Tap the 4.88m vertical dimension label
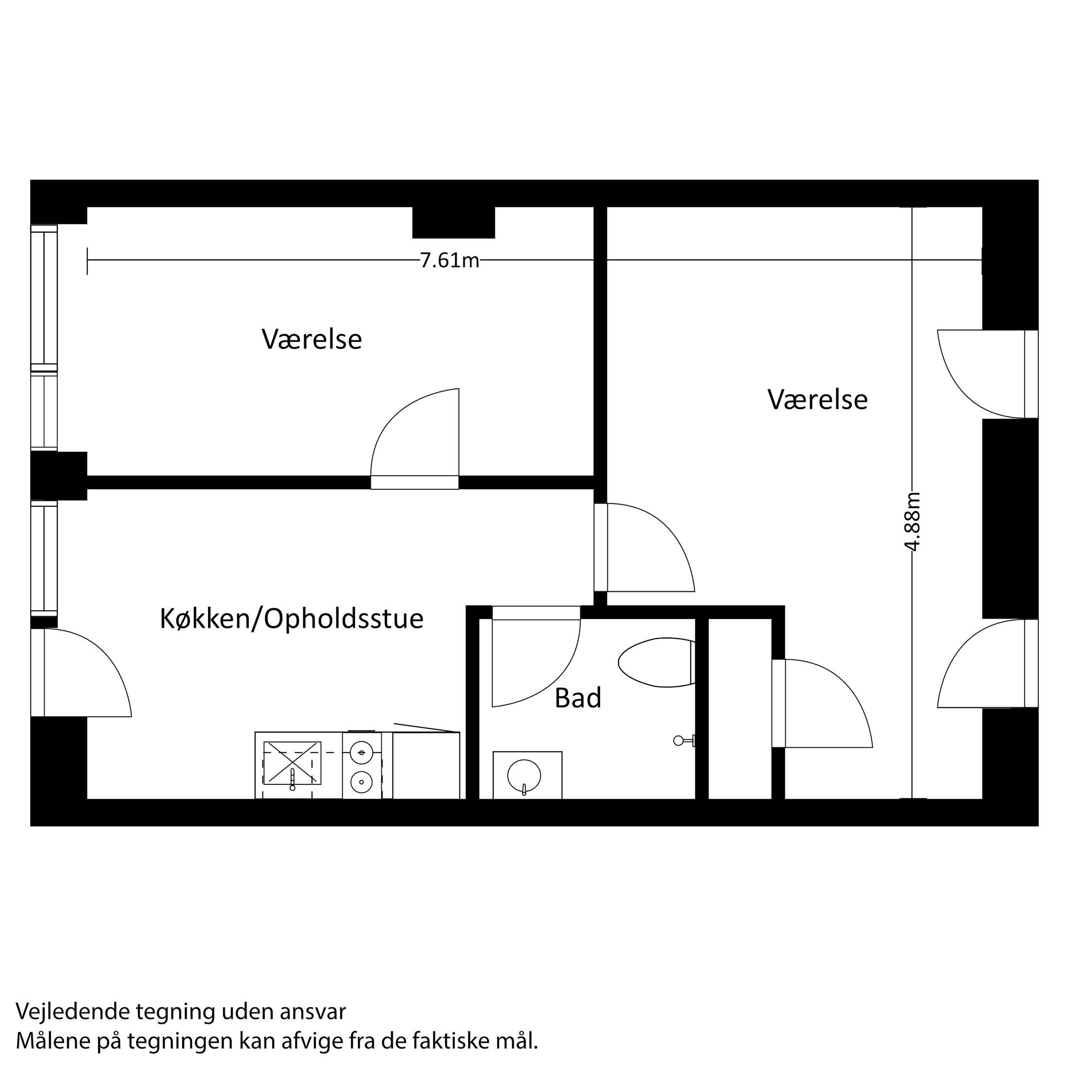912,522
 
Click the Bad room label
578,698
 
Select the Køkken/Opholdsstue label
292,619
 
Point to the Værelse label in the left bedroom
311,339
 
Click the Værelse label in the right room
817,399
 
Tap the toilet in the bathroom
655,662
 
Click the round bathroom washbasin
524,775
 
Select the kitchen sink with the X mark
292,763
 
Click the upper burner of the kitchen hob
362,753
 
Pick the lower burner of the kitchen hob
362,782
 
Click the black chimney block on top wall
453,222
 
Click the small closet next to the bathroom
740,708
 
